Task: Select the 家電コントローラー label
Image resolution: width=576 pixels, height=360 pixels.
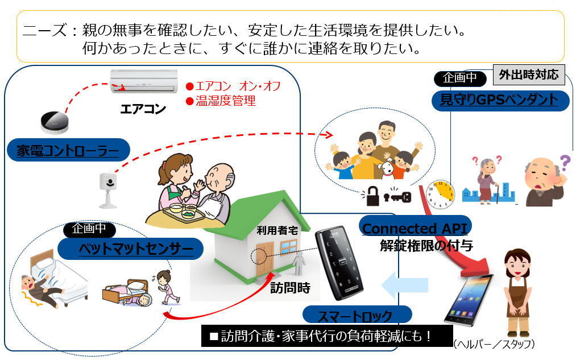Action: click(x=67, y=151)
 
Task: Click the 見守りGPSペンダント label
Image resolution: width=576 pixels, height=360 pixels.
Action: click(x=499, y=101)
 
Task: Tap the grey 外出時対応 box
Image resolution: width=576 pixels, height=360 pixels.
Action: click(x=528, y=75)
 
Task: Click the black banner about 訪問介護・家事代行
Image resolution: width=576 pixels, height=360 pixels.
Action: click(x=327, y=336)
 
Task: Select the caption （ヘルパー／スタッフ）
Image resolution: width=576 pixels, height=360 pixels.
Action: click(x=494, y=345)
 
